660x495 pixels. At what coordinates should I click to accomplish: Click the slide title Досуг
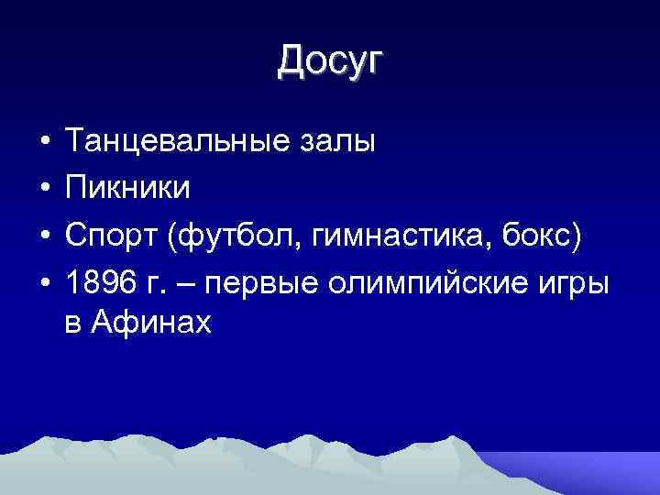tap(330, 61)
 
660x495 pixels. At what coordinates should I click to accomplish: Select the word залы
tap(346, 143)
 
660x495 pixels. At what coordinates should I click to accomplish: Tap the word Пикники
tap(129, 188)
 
